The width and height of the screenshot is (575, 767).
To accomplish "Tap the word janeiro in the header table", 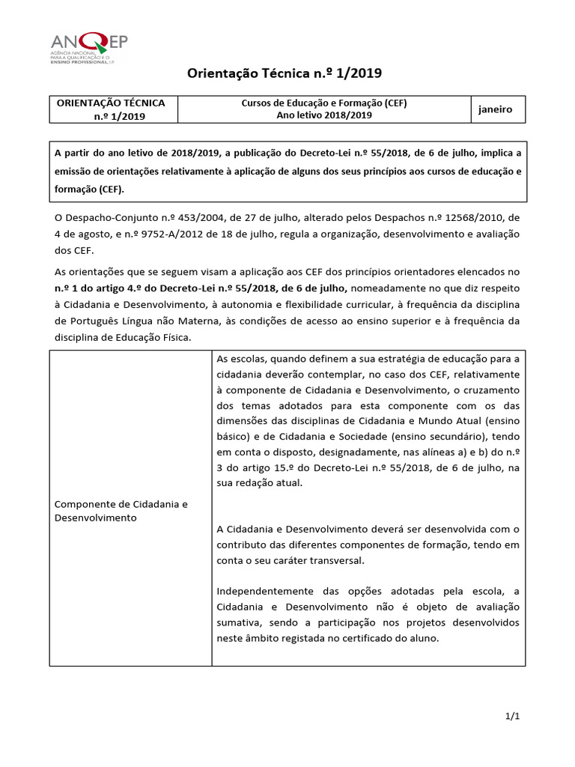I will tap(496, 109).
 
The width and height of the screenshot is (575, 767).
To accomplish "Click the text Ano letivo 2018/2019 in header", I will tap(323, 115).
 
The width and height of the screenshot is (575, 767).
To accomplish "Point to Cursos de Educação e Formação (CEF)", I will tap(323, 103).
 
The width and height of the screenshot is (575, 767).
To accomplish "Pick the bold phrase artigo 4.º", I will tap(122, 288).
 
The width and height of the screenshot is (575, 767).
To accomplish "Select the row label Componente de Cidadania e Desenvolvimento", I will tap(121, 511).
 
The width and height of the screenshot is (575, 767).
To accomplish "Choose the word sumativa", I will tap(239, 622).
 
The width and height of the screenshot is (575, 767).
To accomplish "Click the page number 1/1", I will tap(512, 717).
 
